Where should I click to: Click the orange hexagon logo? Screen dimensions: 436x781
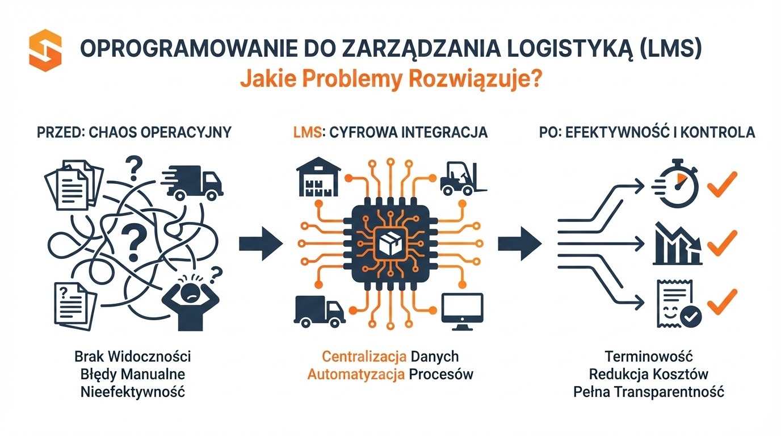click(x=45, y=52)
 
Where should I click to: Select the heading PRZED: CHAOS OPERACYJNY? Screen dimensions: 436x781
click(x=134, y=132)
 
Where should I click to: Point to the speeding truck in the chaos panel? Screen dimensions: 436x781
click(x=193, y=182)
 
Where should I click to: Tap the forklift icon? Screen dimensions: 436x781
click(x=461, y=177)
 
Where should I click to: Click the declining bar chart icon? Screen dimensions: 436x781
click(x=678, y=244)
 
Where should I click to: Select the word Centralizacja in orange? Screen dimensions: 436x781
click(x=364, y=357)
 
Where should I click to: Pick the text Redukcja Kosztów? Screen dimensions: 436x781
click(x=649, y=374)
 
